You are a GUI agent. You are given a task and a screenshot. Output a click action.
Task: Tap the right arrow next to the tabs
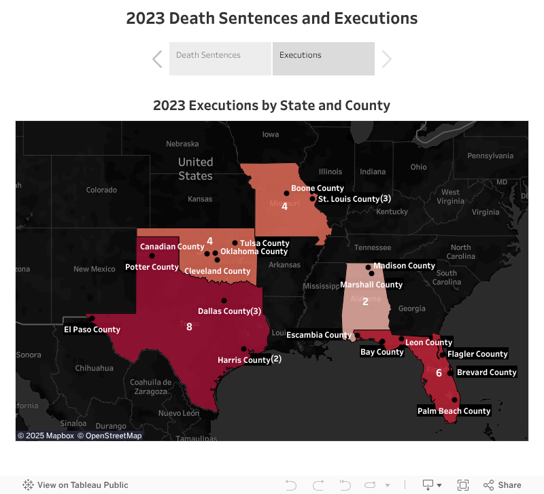[387, 59]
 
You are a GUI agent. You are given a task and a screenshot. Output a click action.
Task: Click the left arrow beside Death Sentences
[157, 59]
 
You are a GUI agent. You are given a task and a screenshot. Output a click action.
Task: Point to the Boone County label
[317, 188]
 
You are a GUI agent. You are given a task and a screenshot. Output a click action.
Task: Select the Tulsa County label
[265, 243]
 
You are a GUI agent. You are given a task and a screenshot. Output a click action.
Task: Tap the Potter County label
[152, 267]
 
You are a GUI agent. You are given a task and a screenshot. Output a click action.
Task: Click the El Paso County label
[92, 330]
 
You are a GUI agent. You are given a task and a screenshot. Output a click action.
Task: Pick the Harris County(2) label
[249, 359]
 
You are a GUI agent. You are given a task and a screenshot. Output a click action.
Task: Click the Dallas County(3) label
[229, 311]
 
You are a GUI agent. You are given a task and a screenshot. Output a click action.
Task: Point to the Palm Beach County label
[454, 411]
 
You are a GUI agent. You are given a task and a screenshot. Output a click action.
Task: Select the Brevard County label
[486, 372]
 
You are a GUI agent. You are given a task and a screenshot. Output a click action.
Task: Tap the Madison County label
[404, 266]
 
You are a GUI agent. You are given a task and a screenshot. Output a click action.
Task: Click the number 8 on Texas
[189, 327]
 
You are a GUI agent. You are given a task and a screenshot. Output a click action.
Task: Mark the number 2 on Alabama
[365, 302]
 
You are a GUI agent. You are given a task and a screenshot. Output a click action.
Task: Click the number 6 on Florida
[439, 373]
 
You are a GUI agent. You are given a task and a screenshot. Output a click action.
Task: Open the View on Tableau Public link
[75, 485]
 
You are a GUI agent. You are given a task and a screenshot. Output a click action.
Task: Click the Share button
[503, 485]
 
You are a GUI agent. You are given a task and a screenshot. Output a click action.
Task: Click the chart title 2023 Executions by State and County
[271, 105]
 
